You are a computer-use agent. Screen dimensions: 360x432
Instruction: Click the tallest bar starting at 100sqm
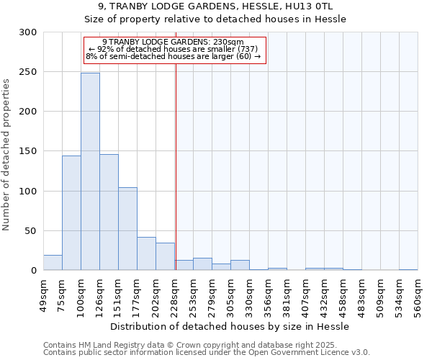click(90, 171)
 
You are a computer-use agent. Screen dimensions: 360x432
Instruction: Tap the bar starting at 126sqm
click(109, 212)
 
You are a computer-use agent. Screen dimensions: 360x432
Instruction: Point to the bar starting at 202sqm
click(165, 256)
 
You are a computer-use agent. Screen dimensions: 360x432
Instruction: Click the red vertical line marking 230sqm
click(176, 166)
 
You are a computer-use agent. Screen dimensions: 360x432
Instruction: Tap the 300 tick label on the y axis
click(28, 32)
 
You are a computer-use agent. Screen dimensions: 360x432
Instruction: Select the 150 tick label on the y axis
click(28, 151)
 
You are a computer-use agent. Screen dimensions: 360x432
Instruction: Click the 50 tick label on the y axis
click(31, 231)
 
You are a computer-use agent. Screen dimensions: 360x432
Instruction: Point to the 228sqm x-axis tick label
click(174, 294)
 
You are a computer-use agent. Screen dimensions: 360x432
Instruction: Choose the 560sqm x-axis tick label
click(418, 294)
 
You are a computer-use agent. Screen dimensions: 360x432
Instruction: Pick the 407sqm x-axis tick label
click(305, 294)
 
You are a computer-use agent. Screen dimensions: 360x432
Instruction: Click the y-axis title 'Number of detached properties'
click(7, 151)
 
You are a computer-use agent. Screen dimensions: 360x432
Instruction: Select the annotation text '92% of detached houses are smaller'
click(175, 48)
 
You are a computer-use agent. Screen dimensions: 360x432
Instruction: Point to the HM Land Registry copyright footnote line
click(195, 345)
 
